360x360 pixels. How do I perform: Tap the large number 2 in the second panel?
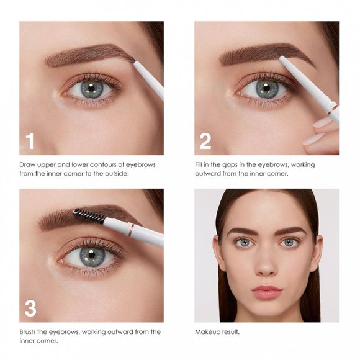(x=205, y=141)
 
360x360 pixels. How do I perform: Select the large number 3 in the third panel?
(x=30, y=308)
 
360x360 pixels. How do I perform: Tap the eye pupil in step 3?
(x=91, y=255)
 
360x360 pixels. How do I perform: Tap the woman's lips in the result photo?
(x=266, y=292)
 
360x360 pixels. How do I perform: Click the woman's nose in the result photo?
(x=266, y=268)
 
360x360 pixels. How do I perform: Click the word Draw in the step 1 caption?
(x=27, y=164)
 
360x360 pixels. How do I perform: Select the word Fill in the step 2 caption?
(x=199, y=164)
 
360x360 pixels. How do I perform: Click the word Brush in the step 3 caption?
(x=29, y=331)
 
